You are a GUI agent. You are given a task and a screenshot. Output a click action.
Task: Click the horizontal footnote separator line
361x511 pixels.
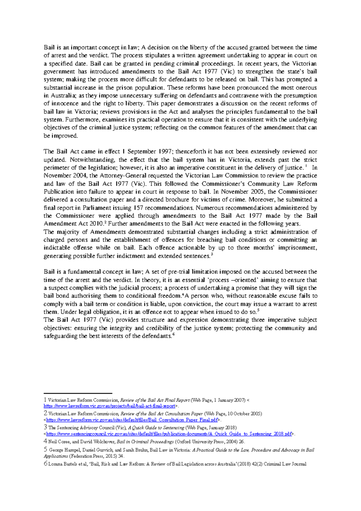pyautogui.click(x=78, y=393)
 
